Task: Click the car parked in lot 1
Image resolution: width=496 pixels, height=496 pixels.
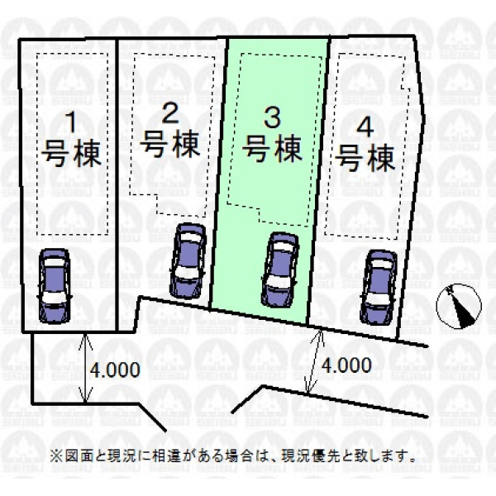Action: [54, 286]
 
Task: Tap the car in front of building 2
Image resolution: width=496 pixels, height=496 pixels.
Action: [188, 260]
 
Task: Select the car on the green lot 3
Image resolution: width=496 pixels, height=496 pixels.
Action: [279, 269]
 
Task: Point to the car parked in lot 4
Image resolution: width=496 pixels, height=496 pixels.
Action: [379, 287]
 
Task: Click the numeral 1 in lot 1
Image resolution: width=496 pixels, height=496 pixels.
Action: [72, 122]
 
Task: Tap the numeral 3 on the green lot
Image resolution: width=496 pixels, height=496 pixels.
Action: [272, 117]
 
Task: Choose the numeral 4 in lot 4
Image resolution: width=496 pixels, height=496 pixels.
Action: [365, 127]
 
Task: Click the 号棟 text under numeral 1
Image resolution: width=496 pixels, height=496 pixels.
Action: [71, 154]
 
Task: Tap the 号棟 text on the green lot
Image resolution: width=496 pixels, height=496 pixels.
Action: [273, 149]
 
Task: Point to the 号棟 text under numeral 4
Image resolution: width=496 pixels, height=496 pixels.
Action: [365, 158]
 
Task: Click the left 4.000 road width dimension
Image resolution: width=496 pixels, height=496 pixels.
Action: [115, 370]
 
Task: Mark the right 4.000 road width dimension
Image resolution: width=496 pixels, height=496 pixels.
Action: [346, 365]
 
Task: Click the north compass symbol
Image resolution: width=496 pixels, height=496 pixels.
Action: [459, 306]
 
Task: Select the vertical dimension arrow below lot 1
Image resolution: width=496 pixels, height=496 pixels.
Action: [85, 368]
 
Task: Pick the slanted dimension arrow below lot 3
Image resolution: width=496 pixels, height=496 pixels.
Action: [313, 361]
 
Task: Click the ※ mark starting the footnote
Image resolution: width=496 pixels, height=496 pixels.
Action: [56, 456]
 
